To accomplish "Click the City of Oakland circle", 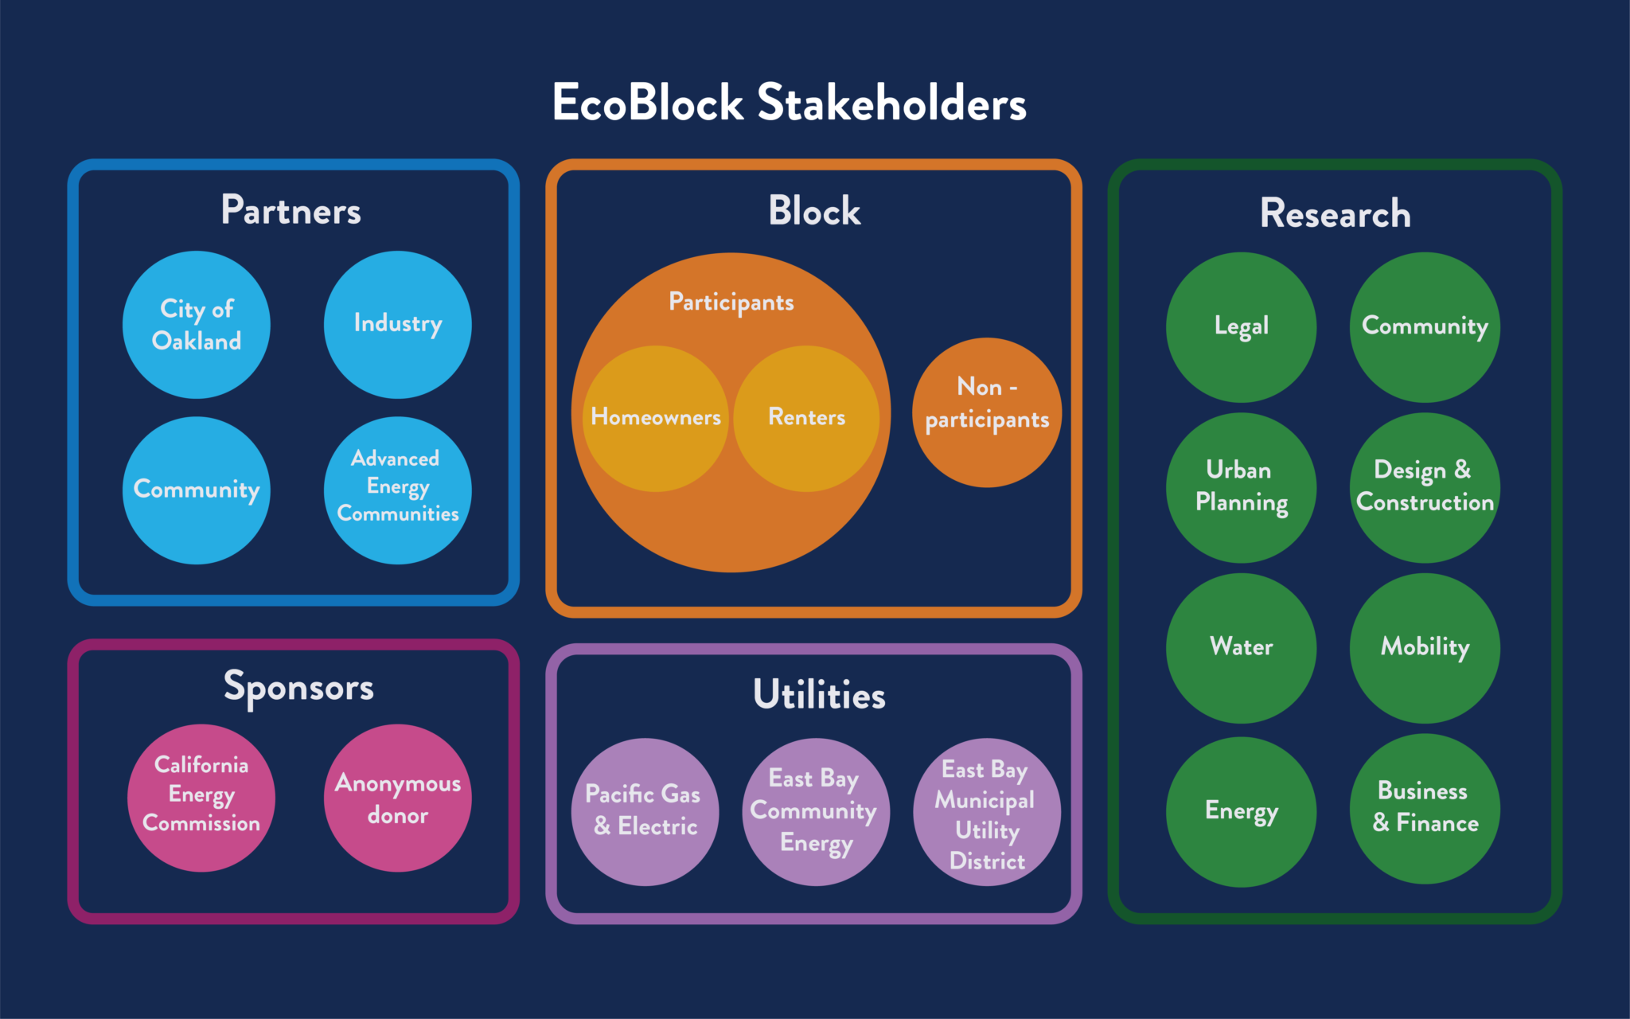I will (197, 325).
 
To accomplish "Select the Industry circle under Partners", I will (397, 325).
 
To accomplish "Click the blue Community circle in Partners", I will (197, 490).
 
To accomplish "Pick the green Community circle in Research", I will (1425, 326).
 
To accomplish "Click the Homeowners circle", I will (656, 418).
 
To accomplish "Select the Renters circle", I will (806, 418).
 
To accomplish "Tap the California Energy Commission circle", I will (201, 797).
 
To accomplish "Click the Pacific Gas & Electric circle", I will (645, 811).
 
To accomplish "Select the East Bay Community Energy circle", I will (816, 811).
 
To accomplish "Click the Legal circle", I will (1241, 326).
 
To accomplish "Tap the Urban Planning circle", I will (1241, 487).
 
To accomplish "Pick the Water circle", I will (1241, 647).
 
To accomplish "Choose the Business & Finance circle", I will (1425, 808).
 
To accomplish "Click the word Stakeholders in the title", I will (891, 103).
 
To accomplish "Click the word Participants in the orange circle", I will (731, 303).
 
